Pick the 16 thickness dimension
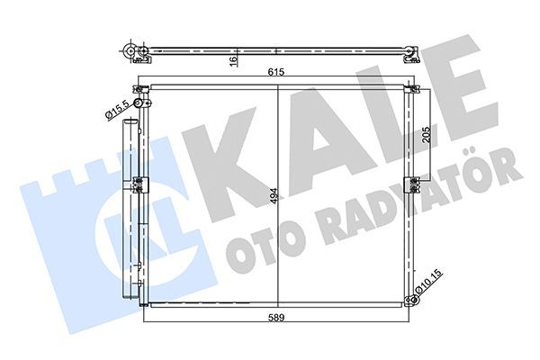tap(232, 60)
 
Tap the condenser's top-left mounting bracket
tap(140, 90)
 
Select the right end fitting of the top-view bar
tap(410, 53)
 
